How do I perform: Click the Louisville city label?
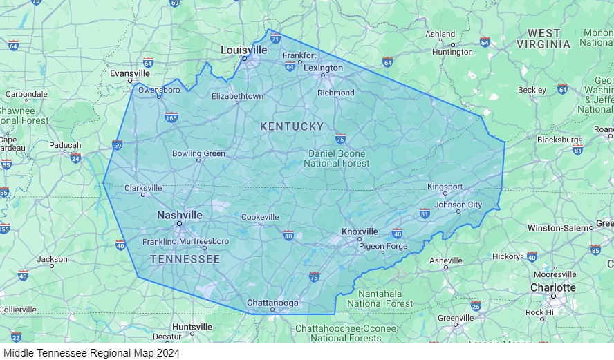click(243, 50)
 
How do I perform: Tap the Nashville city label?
click(180, 215)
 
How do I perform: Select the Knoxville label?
click(360, 231)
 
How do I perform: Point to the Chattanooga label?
click(272, 303)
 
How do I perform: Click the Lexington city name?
click(323, 68)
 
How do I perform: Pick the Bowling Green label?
click(198, 153)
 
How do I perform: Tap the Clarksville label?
click(143, 188)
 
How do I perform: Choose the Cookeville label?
click(260, 217)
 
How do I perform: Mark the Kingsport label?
click(445, 187)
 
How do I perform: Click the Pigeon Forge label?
click(382, 246)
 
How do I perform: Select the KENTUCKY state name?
click(292, 126)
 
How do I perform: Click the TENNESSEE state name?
click(185, 259)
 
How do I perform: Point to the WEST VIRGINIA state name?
click(543, 39)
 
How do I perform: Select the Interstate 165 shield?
click(171, 117)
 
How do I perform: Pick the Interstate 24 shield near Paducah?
click(75, 158)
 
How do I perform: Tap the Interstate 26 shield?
click(476, 305)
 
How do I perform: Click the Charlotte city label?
click(552, 287)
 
